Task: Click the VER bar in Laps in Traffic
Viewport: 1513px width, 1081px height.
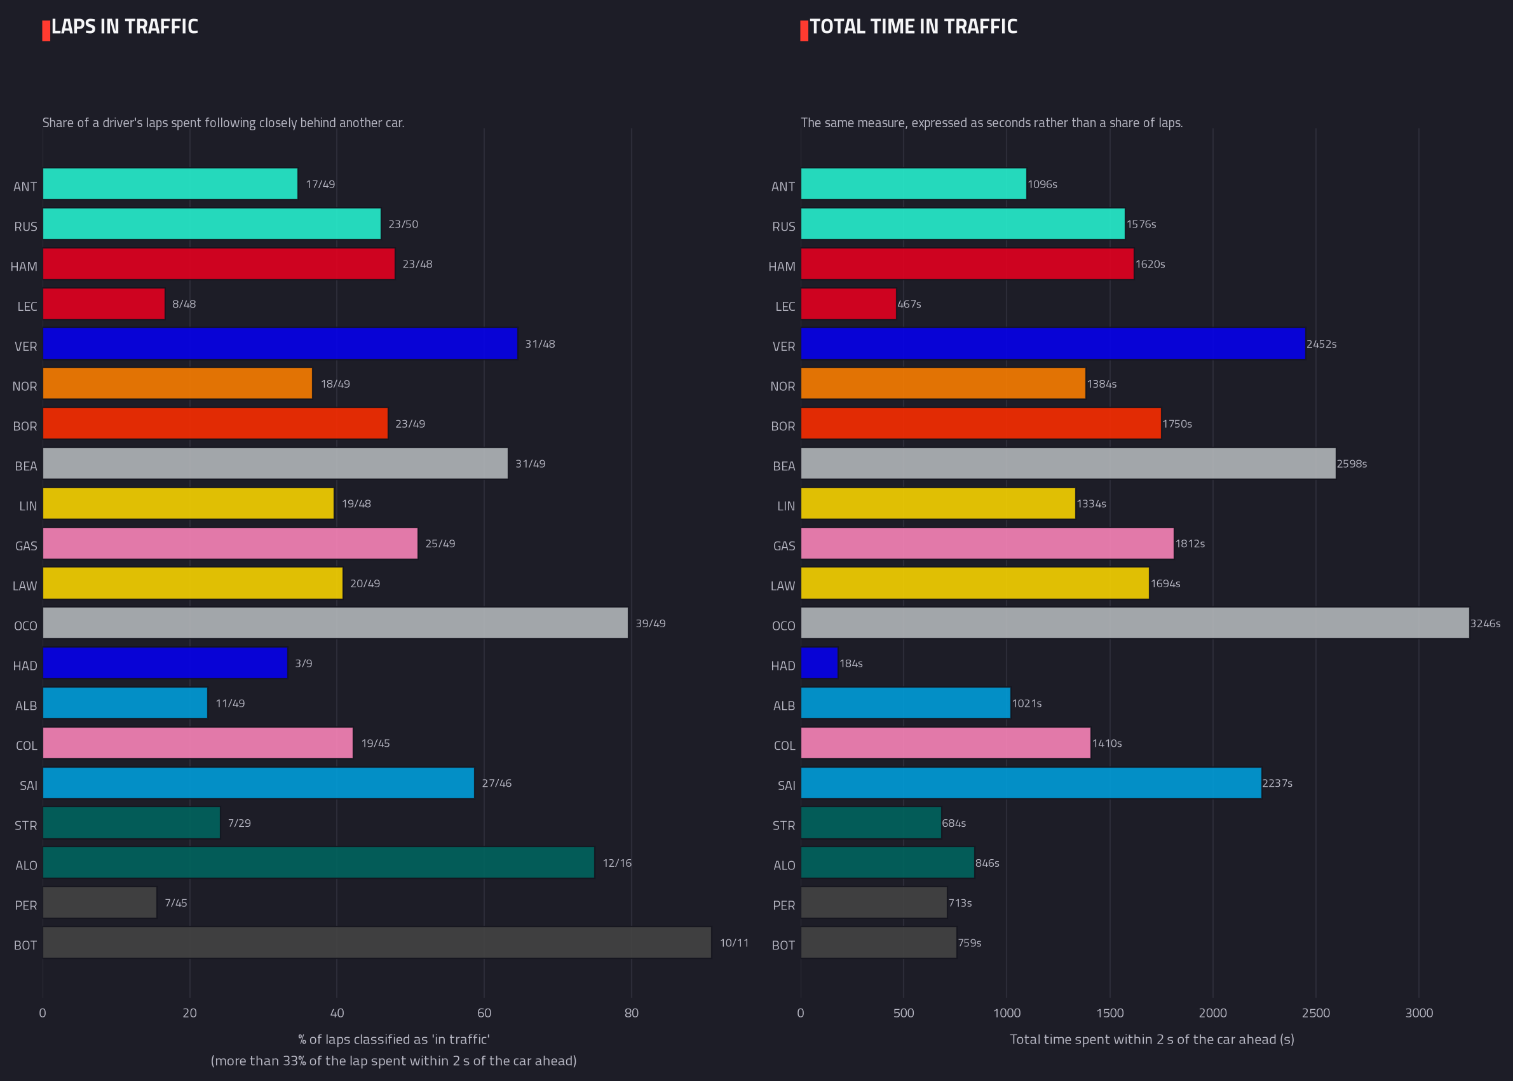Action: coord(280,343)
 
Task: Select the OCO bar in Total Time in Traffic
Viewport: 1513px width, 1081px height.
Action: coord(1135,623)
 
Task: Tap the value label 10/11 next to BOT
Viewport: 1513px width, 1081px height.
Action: coord(734,942)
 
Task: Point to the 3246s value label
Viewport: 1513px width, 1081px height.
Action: coord(1485,623)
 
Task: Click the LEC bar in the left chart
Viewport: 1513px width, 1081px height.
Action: coord(104,304)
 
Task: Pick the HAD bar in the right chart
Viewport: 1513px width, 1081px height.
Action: coord(818,663)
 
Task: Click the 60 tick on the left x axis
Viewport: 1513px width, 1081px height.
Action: coord(484,1012)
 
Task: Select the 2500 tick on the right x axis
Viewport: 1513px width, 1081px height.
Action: coord(1316,1012)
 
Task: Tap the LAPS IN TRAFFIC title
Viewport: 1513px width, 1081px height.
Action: coord(125,27)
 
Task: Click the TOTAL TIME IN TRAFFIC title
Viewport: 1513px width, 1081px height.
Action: coord(913,27)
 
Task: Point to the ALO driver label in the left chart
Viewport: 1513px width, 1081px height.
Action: coord(27,866)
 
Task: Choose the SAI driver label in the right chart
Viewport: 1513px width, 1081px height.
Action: coord(787,785)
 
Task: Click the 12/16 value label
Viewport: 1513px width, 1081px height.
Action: coord(617,862)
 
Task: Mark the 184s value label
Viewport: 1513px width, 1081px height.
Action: coord(851,663)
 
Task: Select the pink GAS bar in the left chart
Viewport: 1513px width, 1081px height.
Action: coord(230,543)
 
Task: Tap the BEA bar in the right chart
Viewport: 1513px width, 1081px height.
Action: coord(1068,463)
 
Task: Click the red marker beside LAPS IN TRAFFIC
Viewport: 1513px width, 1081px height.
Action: coord(46,31)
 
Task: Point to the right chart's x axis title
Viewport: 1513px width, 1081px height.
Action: coord(1152,1039)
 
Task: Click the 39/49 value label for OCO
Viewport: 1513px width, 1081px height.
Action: coord(650,623)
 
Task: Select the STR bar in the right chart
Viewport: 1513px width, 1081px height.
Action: coord(871,823)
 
